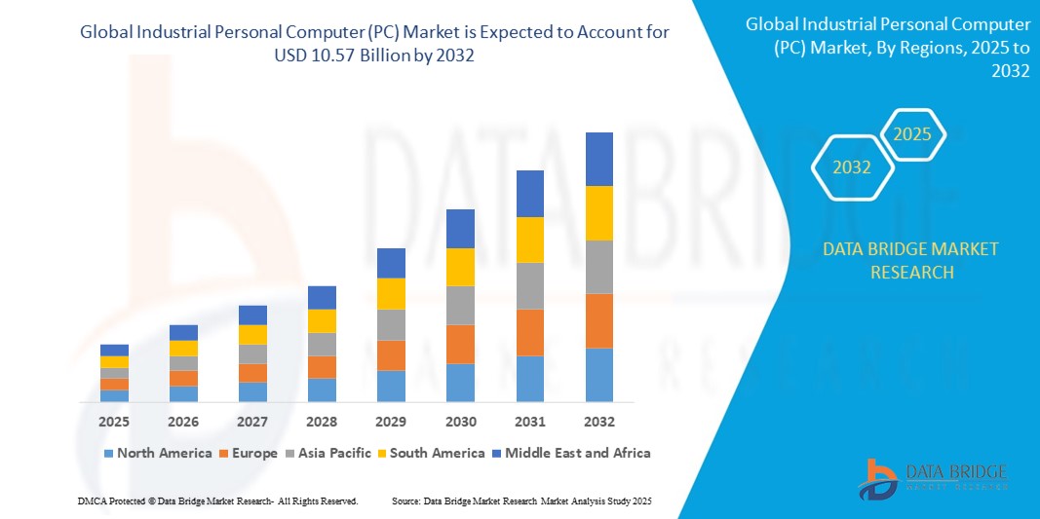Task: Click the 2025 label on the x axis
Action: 114,422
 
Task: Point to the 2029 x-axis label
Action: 391,422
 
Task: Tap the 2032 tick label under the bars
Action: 598,422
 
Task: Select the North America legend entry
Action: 157,453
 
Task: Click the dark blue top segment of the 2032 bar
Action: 598,159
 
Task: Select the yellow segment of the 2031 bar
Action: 529,240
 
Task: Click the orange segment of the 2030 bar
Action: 460,344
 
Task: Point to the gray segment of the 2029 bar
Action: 391,324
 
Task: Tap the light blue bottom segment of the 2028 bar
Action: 322,389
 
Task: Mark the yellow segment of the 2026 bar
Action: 183,348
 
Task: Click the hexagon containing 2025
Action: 912,135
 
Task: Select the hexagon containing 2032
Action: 852,167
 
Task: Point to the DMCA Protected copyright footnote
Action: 217,500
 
